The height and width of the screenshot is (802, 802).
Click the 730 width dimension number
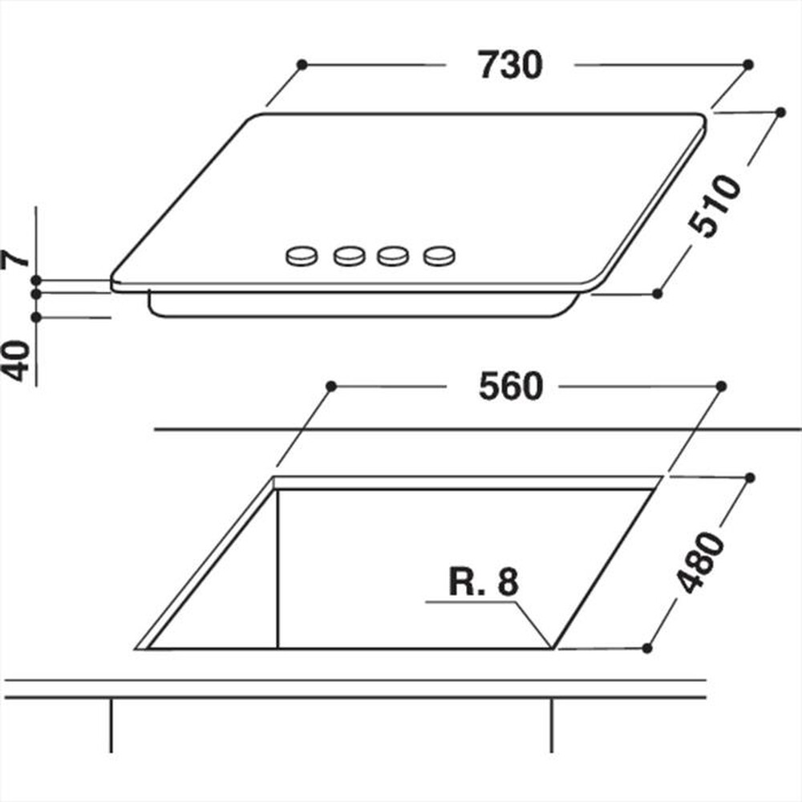click(510, 65)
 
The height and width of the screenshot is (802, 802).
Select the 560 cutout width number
click(510, 387)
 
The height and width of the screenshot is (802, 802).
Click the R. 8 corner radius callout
click(484, 583)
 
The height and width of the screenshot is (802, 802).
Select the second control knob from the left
click(348, 256)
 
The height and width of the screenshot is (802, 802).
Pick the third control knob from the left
click(392, 256)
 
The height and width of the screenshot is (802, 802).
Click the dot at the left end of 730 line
click(302, 63)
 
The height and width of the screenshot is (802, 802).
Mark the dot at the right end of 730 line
click(747, 63)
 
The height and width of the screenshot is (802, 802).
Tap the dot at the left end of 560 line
click(330, 387)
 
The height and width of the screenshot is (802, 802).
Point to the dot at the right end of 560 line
click(720, 387)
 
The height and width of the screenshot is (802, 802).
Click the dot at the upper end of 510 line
click(780, 112)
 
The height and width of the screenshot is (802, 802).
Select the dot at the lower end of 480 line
click(648, 646)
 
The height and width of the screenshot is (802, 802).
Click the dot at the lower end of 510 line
click(657, 294)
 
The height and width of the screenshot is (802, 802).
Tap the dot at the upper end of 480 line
click(751, 477)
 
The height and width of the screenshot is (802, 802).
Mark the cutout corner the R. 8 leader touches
click(553, 646)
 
